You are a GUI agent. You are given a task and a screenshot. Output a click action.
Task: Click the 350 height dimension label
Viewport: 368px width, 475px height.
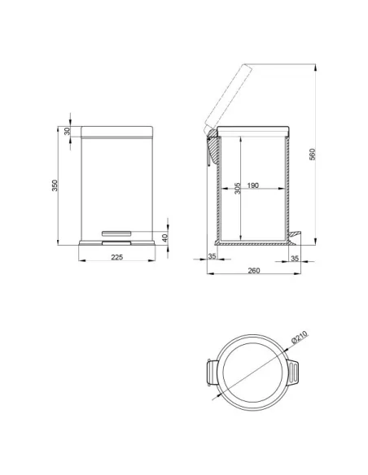(x=55, y=185)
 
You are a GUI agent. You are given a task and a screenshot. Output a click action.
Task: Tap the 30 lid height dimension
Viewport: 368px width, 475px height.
(x=68, y=131)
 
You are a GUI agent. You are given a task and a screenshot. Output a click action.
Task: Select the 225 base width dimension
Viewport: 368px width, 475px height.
(x=117, y=257)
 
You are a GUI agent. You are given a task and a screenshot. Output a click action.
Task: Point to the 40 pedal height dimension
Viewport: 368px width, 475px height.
(x=164, y=237)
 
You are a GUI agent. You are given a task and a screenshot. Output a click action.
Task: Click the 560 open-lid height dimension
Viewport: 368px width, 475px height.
(x=312, y=155)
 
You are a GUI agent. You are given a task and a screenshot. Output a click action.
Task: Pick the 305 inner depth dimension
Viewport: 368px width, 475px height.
(x=238, y=188)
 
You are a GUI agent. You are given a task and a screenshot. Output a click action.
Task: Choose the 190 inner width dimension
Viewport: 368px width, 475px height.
(x=253, y=185)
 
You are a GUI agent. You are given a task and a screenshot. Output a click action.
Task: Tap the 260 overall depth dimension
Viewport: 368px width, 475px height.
(x=254, y=270)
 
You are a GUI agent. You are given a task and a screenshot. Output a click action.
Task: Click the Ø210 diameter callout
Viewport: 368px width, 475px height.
(x=300, y=338)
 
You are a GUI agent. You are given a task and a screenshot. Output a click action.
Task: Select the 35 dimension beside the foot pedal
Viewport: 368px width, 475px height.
(x=295, y=259)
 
